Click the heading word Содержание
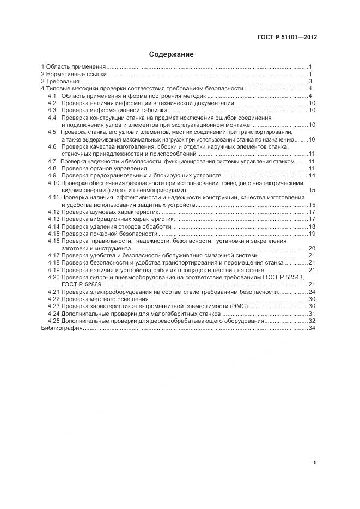tap(172, 54)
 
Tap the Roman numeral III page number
tap(314, 463)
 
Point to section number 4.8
tap(52, 169)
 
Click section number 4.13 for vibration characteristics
tap(53, 219)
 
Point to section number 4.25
tap(53, 321)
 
